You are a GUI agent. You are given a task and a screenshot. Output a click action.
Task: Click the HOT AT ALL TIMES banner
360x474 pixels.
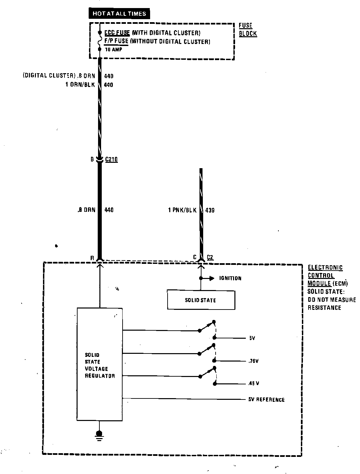[x=119, y=14]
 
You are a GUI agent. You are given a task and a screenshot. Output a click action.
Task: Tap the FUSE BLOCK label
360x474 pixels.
[x=248, y=30]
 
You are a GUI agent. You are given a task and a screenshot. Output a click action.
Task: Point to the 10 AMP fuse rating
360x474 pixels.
[x=114, y=49]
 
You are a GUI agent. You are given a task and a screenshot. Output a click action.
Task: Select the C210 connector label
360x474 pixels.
[x=111, y=159]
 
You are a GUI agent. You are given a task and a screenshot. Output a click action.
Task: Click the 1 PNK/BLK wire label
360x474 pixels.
[x=182, y=210]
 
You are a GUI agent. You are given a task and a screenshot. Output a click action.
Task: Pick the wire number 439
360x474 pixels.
[x=210, y=210]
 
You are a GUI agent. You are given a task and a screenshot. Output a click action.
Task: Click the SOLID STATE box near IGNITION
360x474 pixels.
[x=201, y=300]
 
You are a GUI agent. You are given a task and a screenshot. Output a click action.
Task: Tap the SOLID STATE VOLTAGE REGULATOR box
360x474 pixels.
[x=100, y=364]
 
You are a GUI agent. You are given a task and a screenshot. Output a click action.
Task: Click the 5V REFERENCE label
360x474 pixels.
[x=266, y=399]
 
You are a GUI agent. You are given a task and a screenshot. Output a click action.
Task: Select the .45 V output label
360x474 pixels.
[x=254, y=383]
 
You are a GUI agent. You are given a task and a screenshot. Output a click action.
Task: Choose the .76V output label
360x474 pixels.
[x=254, y=361]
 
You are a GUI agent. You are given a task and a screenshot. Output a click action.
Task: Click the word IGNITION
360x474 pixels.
[x=230, y=278]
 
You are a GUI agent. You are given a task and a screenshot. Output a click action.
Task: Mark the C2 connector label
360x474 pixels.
[x=210, y=257]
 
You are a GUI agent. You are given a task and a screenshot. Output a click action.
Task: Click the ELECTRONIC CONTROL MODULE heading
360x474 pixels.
[x=325, y=275]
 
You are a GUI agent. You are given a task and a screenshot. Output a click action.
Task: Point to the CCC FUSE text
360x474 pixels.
[x=117, y=33]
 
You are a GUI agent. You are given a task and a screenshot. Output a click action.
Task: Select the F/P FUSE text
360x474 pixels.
[x=116, y=42]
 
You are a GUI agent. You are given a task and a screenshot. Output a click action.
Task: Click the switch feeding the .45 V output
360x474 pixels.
[x=208, y=373]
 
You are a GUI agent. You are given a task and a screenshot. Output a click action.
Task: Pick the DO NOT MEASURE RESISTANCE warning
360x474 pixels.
[x=331, y=303]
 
